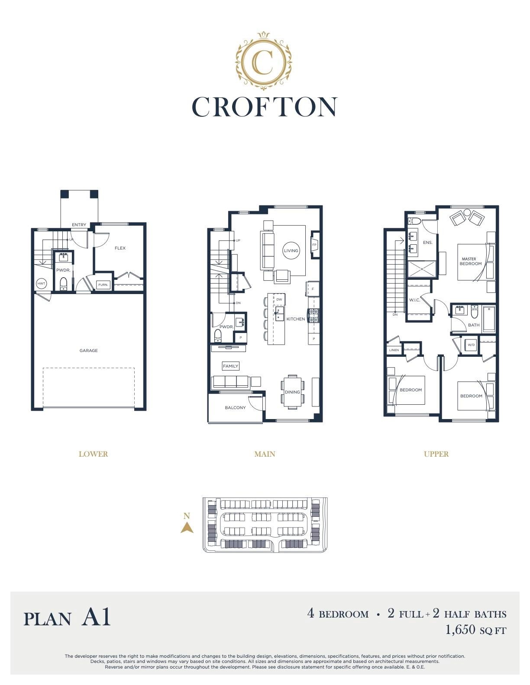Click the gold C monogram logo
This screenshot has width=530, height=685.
pos(264,60)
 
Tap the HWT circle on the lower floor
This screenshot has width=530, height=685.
pos(41,283)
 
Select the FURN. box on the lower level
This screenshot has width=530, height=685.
pos(103,285)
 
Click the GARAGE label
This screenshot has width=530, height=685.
pos(88,350)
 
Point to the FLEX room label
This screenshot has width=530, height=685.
pos(120,248)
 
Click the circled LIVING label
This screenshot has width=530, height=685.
pos(291,251)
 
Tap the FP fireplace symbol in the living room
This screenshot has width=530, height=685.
pos(314,245)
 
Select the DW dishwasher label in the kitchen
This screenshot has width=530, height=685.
pos(279,299)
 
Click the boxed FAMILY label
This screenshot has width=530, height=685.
pos(230,366)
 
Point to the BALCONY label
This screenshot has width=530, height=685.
pos(235,408)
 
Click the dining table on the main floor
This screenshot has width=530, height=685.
pos(292,392)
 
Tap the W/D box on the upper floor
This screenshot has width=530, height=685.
pos(471,345)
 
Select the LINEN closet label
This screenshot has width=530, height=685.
pos(394,350)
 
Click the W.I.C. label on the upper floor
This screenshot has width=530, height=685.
pos(414,300)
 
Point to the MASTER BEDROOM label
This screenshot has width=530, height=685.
pos(470,261)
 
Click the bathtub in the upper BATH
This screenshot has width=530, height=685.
pos(489,319)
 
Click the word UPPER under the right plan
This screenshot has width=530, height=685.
pos(436,454)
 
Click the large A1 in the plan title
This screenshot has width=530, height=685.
pos(96,617)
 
